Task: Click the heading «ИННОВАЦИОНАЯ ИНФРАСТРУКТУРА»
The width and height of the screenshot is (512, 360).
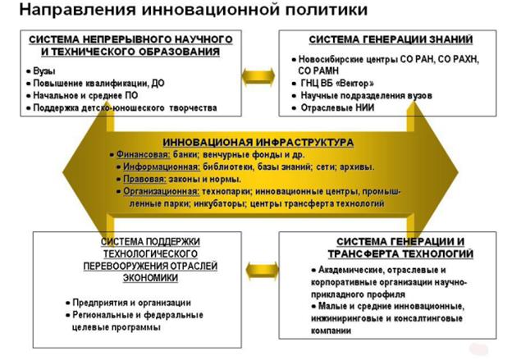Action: pos(258,141)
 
